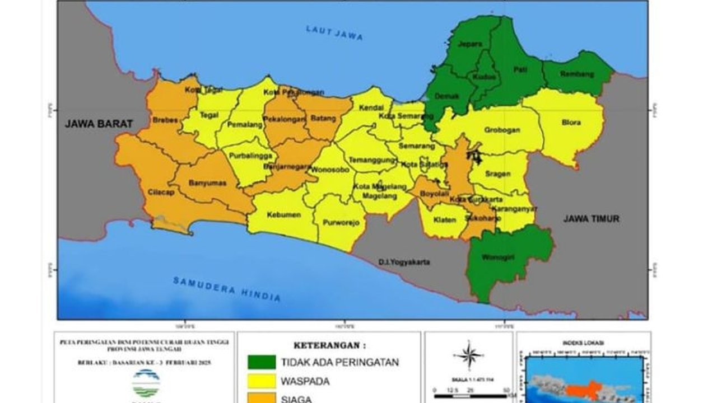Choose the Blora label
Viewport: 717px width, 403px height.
point(571,123)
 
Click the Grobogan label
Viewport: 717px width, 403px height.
point(502,130)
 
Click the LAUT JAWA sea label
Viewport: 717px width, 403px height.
point(334,33)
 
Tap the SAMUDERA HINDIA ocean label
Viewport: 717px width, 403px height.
point(226,289)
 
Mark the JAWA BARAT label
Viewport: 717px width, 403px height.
point(99,124)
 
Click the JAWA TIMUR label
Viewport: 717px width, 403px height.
point(591,219)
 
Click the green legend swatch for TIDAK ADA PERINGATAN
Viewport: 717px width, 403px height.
point(262,362)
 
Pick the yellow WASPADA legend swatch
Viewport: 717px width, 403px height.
point(262,381)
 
